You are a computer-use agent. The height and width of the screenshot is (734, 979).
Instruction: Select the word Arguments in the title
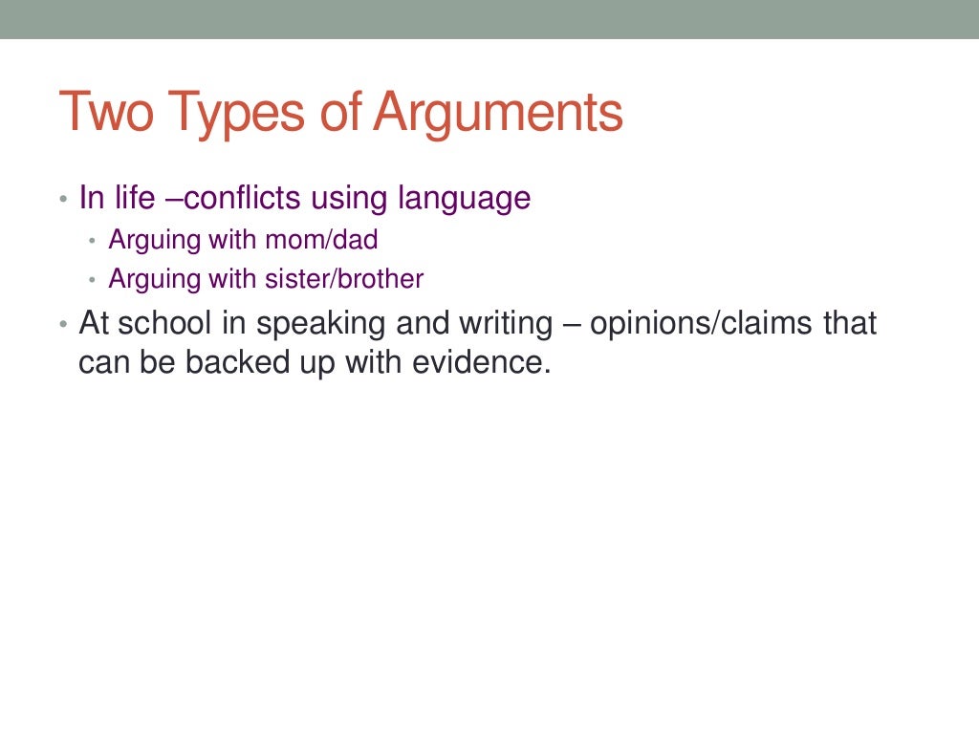point(498,112)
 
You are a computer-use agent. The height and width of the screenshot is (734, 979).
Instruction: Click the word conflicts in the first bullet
point(246,198)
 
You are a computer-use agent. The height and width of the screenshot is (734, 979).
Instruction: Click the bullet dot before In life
point(63,200)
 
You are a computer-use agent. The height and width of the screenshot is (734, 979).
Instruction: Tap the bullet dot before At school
point(63,324)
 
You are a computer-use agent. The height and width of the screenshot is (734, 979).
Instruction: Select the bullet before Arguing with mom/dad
point(93,240)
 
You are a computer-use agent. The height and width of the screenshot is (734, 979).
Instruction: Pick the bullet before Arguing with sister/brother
point(93,280)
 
